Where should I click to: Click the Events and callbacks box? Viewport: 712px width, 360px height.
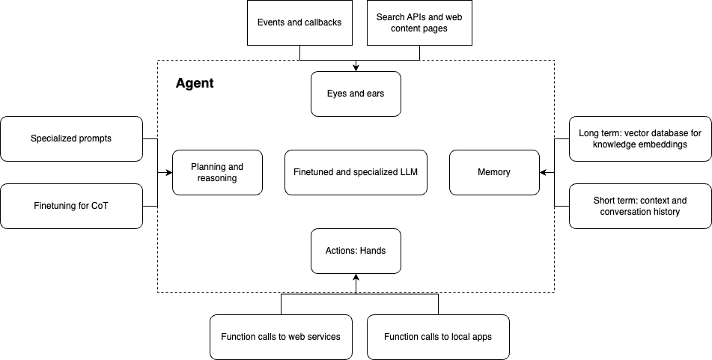click(x=299, y=22)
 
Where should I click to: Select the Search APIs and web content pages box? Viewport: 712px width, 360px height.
click(x=419, y=22)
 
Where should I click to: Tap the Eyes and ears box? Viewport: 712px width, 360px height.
click(x=356, y=94)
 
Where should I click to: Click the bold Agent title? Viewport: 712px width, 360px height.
click(x=195, y=83)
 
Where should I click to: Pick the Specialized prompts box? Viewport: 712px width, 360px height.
click(x=71, y=138)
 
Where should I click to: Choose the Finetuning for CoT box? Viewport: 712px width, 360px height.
click(x=71, y=206)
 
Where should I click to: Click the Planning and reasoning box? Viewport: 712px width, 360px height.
click(x=218, y=172)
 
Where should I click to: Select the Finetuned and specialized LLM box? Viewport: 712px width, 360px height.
click(x=356, y=172)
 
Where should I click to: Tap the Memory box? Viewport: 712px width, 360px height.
click(x=494, y=172)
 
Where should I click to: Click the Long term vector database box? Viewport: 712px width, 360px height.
click(x=640, y=138)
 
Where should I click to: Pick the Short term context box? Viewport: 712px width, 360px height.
click(x=640, y=206)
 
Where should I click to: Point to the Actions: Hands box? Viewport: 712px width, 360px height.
click(x=356, y=251)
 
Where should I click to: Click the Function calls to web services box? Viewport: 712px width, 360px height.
click(x=281, y=337)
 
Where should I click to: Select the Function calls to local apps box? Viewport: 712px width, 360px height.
click(x=438, y=337)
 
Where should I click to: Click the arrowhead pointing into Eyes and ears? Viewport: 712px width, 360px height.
click(x=356, y=68)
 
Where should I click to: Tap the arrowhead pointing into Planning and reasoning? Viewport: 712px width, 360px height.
click(x=169, y=172)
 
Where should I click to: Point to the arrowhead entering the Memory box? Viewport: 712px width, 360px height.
click(x=543, y=172)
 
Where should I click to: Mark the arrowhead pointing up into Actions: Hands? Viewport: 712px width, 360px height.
click(x=356, y=277)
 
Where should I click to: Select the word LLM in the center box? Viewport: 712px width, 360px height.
click(x=409, y=172)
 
